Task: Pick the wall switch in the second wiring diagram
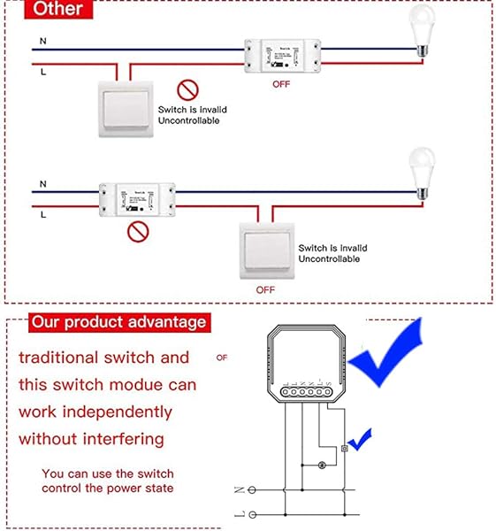[x=266, y=248]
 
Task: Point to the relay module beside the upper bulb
[x=281, y=54]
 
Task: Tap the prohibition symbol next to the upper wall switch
[x=186, y=89]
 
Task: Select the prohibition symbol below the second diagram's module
[x=136, y=233]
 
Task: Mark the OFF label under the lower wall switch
[x=265, y=289]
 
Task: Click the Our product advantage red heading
[x=118, y=322]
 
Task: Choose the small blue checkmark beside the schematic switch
[x=360, y=437]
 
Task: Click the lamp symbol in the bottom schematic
[x=320, y=464]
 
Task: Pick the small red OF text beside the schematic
[x=222, y=358]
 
